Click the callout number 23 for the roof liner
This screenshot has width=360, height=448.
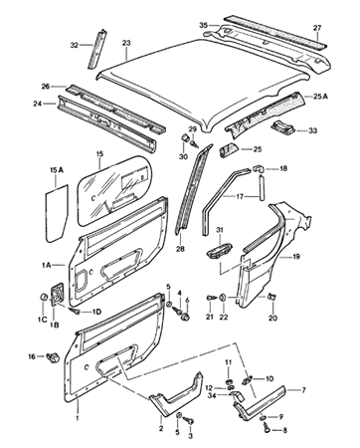pyautogui.click(x=126, y=43)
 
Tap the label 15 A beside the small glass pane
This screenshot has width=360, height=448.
pyautogui.click(x=57, y=170)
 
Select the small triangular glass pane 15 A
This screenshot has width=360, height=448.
pyautogui.click(x=57, y=213)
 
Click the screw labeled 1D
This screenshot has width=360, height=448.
pyautogui.click(x=76, y=311)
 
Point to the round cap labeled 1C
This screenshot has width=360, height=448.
pyautogui.click(x=44, y=296)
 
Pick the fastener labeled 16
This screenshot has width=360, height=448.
pyautogui.click(x=53, y=357)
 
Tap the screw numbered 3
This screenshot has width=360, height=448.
pyautogui.click(x=190, y=420)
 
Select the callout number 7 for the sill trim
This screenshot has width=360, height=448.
pyautogui.click(x=303, y=390)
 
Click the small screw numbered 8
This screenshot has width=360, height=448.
pyautogui.click(x=267, y=431)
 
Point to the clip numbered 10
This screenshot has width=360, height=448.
pyautogui.click(x=248, y=380)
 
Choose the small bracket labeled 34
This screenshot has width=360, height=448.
pyautogui.click(x=237, y=395)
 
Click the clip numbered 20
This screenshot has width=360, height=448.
pyautogui.click(x=272, y=296)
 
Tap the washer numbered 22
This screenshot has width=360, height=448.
pyautogui.click(x=223, y=297)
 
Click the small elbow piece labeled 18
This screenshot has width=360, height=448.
pyautogui.click(x=259, y=169)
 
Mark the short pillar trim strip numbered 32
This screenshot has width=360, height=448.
pyautogui.click(x=96, y=49)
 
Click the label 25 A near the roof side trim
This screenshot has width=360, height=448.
pyautogui.click(x=320, y=97)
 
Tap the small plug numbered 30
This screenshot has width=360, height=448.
pyautogui.click(x=185, y=138)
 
